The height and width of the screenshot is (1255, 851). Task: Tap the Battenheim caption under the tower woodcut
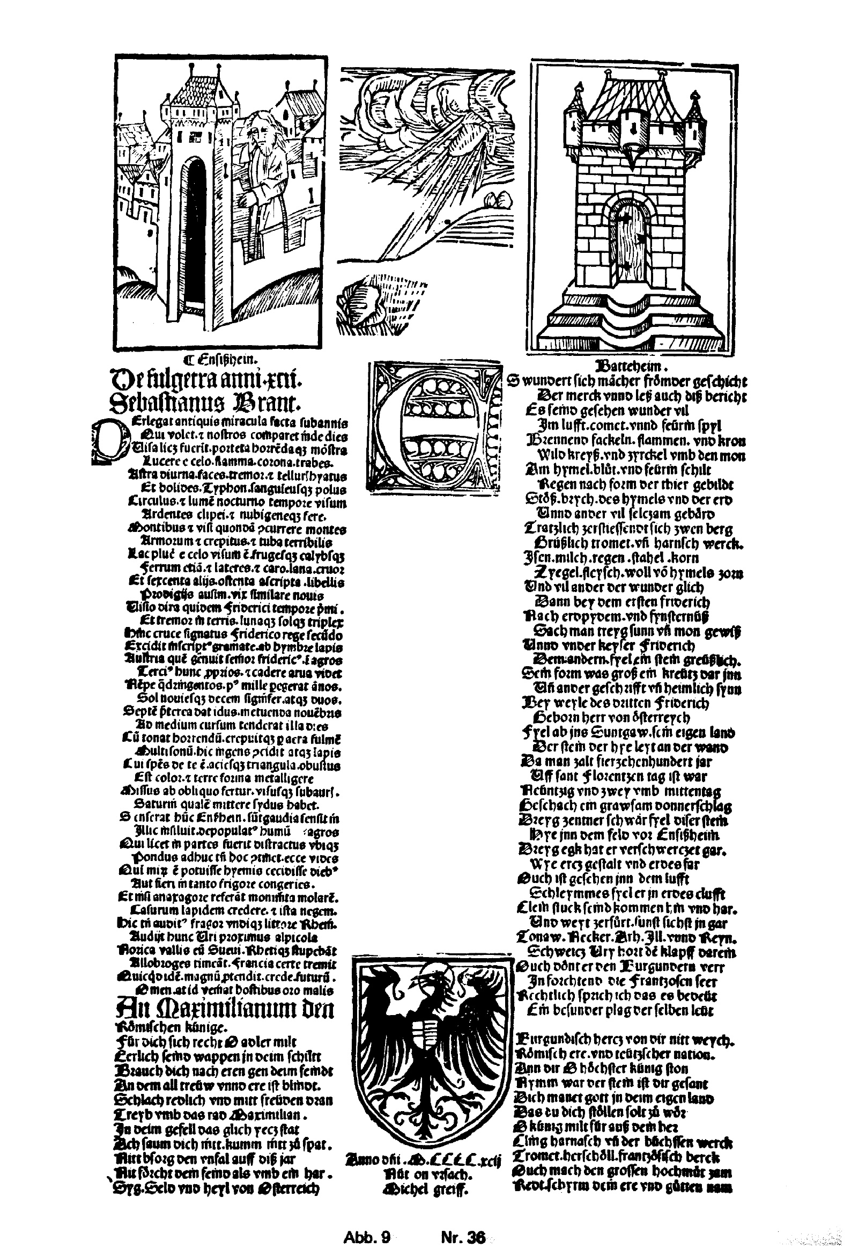click(630, 363)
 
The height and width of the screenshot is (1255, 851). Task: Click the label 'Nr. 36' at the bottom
click(463, 1222)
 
